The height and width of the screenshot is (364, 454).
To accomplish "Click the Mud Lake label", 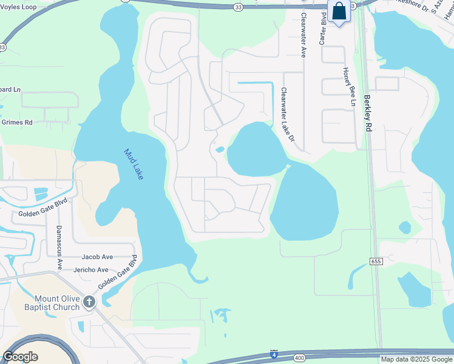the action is [134, 164].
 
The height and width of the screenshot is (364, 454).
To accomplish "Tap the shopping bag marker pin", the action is [339, 12].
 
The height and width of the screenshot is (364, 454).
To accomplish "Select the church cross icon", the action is [89, 301].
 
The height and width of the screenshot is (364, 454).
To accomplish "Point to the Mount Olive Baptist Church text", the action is [56, 303].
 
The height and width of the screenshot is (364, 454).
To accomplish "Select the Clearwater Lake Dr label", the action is [288, 115].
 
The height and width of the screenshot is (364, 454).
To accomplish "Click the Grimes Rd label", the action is [16, 123].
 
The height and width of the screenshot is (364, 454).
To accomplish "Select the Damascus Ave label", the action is [59, 247].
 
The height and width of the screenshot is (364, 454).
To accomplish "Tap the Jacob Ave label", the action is [97, 257].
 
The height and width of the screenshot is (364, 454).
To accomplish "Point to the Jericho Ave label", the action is [90, 270].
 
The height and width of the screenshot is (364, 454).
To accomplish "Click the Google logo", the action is [20, 357].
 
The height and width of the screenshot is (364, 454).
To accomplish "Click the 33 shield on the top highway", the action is [239, 7].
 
